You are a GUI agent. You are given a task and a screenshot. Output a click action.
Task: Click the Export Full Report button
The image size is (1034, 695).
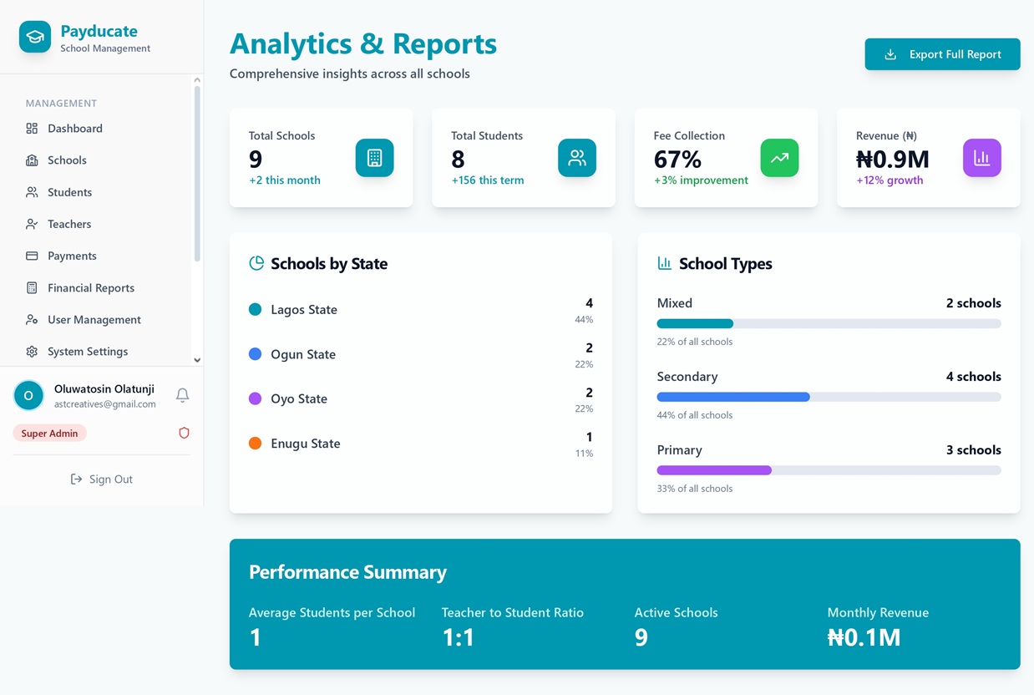[942, 54]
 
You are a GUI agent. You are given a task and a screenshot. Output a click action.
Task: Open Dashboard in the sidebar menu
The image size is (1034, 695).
[74, 129]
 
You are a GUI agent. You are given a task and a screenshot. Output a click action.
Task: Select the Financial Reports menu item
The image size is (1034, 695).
[90, 288]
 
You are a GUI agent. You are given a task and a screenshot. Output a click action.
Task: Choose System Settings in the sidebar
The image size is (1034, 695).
[87, 352]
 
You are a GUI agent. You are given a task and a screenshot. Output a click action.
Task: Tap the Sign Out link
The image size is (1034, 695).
[102, 479]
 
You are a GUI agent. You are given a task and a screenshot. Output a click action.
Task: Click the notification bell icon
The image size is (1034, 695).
[182, 395]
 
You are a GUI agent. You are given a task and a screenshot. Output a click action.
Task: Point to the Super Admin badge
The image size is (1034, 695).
[49, 434]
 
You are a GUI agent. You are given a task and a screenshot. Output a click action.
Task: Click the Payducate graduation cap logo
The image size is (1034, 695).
[35, 38]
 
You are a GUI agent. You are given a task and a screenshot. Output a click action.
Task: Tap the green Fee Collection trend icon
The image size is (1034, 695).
[779, 158]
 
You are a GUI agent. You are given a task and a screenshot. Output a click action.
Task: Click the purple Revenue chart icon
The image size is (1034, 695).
[981, 158]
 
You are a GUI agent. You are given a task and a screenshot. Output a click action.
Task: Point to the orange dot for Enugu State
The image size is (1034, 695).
[256, 444]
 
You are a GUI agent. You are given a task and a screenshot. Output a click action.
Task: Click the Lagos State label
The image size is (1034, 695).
[304, 310]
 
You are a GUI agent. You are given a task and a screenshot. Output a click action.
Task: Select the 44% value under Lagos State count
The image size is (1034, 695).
[584, 320]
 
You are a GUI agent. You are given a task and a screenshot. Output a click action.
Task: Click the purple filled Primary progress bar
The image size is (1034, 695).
[714, 470]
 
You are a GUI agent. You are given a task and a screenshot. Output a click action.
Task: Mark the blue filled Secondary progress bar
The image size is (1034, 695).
[733, 397]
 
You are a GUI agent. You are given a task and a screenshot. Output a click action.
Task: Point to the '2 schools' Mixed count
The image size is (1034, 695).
[973, 303]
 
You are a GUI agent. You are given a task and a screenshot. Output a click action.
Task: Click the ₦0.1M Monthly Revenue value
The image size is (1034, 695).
[864, 638]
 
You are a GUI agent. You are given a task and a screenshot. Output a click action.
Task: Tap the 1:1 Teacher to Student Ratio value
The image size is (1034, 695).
[459, 638]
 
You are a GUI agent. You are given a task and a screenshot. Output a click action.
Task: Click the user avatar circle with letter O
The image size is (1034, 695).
[28, 395]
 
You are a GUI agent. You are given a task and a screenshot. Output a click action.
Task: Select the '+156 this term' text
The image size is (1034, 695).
[488, 180]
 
